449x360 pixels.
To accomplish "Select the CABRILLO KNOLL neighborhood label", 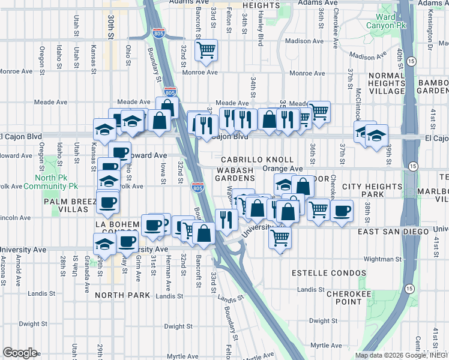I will point(256,160).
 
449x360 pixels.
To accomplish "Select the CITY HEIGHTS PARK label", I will point(371,191).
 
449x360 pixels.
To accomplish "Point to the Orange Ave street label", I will point(282,169).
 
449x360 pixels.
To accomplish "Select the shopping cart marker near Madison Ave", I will point(206,50).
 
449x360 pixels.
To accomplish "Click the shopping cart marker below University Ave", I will point(280,239).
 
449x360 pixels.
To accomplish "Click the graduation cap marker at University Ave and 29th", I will point(104,244).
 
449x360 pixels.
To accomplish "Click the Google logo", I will point(20,353).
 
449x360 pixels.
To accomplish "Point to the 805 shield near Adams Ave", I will point(158,32).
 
